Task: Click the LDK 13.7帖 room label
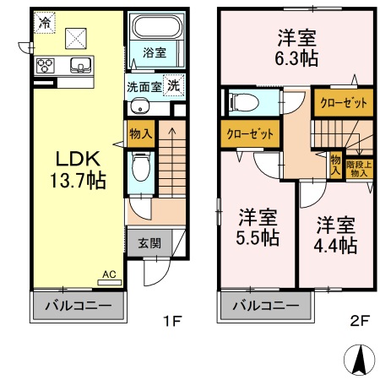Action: click(x=79, y=169)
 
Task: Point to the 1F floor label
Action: click(x=174, y=320)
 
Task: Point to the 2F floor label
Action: click(x=361, y=320)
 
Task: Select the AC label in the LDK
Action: click(x=108, y=274)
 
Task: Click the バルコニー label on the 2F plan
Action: click(x=264, y=306)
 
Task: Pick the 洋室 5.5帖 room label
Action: click(x=258, y=226)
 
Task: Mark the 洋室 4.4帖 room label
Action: click(x=336, y=236)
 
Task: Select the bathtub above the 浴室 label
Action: click(x=154, y=28)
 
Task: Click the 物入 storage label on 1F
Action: click(x=140, y=133)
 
